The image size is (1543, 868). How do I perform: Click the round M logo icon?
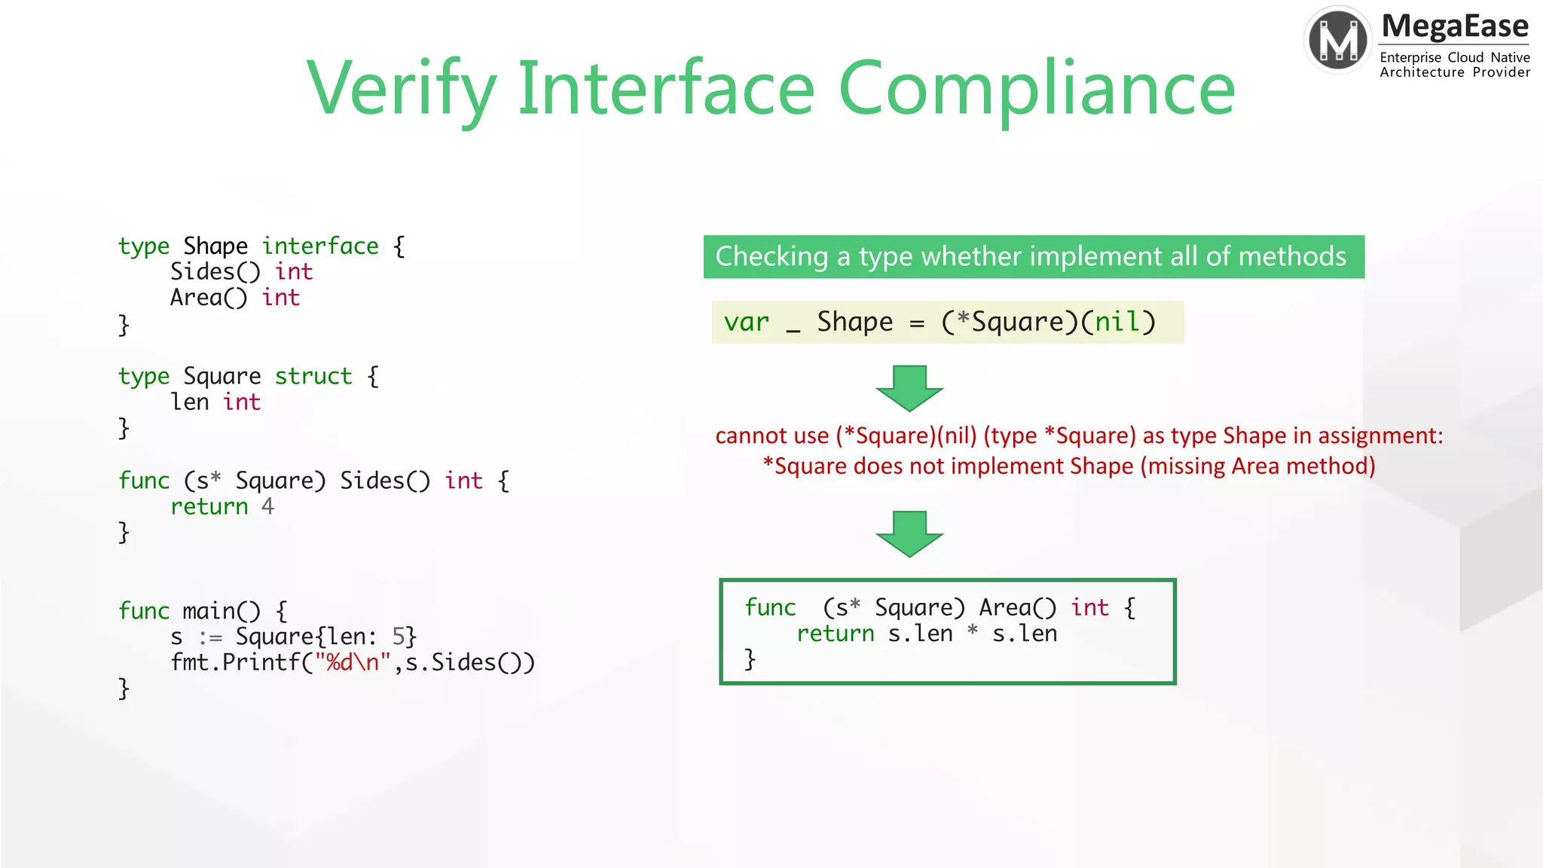pyautogui.click(x=1338, y=40)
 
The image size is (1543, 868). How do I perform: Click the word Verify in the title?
pyautogui.click(x=401, y=89)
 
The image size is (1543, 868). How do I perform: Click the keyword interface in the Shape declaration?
pyautogui.click(x=320, y=246)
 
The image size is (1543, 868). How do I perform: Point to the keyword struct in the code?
pyautogui.click(x=313, y=376)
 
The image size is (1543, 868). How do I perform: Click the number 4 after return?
pyautogui.click(x=267, y=506)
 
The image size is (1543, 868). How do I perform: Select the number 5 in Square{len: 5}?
pyautogui.click(x=399, y=637)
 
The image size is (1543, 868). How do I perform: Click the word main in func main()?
pyautogui.click(x=209, y=610)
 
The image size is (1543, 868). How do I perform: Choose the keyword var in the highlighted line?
pyautogui.click(x=746, y=322)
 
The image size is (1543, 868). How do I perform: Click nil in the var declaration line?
pyautogui.click(x=1117, y=322)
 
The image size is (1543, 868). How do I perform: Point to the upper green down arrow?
pyautogui.click(x=909, y=388)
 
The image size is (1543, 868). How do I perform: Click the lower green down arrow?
pyautogui.click(x=909, y=533)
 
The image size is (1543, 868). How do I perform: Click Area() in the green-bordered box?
pyautogui.click(x=1018, y=607)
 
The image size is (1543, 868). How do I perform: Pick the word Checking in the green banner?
pyautogui.click(x=771, y=257)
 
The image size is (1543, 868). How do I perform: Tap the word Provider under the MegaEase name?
pyautogui.click(x=1501, y=72)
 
